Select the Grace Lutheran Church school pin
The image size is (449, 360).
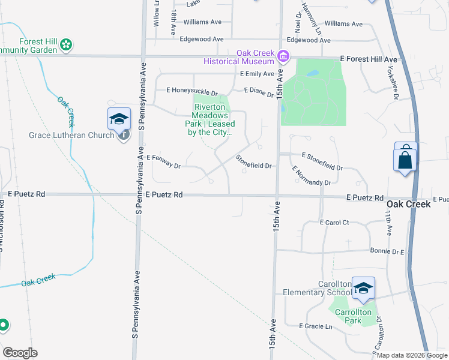119,118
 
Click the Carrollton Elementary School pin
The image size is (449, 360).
363,289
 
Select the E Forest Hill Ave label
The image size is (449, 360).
369,59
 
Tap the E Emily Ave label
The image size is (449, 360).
257,74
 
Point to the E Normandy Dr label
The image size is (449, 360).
312,176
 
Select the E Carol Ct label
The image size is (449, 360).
334,223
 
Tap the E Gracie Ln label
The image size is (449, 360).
315,326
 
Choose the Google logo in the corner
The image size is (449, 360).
20,353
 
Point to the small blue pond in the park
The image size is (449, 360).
312,74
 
